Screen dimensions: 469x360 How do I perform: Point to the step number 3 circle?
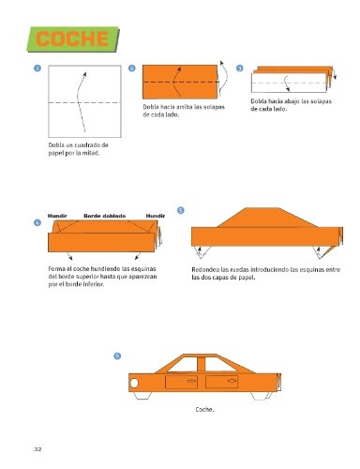pos(240,68)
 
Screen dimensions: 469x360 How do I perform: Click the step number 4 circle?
pos(38,222)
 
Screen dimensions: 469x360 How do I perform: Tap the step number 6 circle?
pos(115,355)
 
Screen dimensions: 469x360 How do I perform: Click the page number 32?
pos(37,451)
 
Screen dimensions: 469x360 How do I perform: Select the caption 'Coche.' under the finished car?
pos(205,410)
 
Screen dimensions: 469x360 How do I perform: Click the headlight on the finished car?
pos(138,383)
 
